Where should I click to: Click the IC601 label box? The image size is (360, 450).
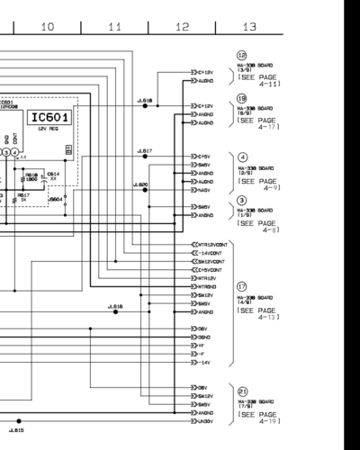coord(49,119)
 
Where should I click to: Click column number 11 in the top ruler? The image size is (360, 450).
coord(114,28)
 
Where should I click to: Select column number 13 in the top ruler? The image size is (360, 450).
coord(249,28)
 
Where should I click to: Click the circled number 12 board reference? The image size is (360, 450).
coord(242,55)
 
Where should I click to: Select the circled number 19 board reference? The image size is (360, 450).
coord(242,98)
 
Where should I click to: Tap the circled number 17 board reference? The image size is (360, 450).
coord(242,285)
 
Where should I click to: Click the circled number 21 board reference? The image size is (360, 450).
coord(242,391)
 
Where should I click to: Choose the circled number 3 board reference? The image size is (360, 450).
coord(242,200)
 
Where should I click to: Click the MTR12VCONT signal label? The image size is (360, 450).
coord(210,245)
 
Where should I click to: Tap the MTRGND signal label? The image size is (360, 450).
coord(206,287)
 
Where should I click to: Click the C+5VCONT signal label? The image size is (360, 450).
coord(208,270)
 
